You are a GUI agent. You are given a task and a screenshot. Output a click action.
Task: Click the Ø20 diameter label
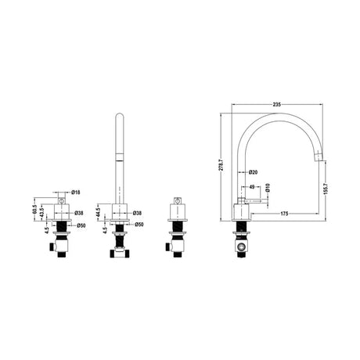click(x=254, y=172)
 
